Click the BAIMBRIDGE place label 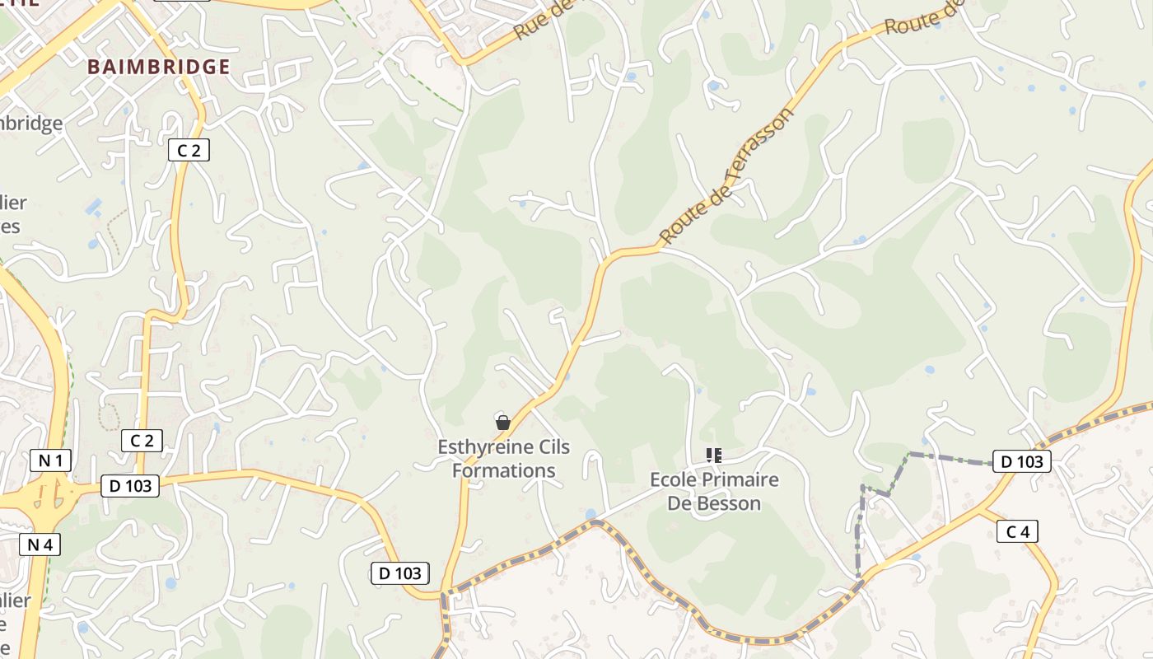click(x=158, y=67)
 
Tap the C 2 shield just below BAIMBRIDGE click(x=189, y=150)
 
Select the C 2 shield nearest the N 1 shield click(x=142, y=441)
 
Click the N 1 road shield click(x=50, y=460)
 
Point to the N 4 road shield click(x=39, y=544)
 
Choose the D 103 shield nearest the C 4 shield click(x=1022, y=461)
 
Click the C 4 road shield click(x=1018, y=532)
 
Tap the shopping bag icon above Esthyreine click(x=502, y=423)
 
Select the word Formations click(x=504, y=471)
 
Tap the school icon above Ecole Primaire click(x=713, y=455)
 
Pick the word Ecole click(x=673, y=479)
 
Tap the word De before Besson click(x=681, y=503)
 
